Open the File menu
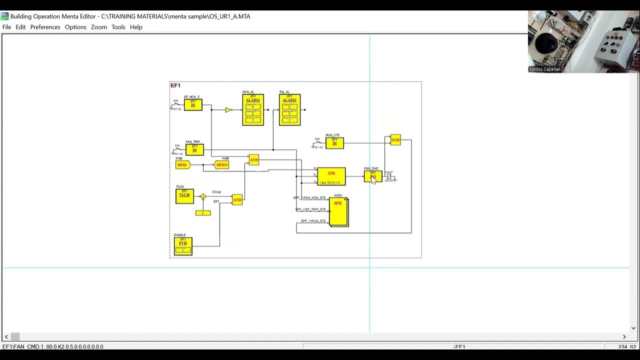coord(6,27)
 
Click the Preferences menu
coord(45,27)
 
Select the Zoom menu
coord(98,27)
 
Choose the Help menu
coord(136,27)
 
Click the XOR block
coord(395,140)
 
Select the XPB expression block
coord(331,176)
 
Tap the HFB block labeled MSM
coord(338,211)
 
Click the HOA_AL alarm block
coord(253,109)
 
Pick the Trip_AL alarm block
coord(289,109)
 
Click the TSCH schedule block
coord(184,196)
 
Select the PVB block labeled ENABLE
coord(183,246)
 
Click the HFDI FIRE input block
coord(182,164)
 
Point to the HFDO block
coord(221,164)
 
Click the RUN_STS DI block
coord(334,143)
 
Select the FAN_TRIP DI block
coord(194,149)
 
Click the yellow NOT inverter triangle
coord(228,110)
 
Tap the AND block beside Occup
coord(237,199)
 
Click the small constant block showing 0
coord(203,213)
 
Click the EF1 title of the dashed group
coord(175,85)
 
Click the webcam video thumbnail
coord(583,41)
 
